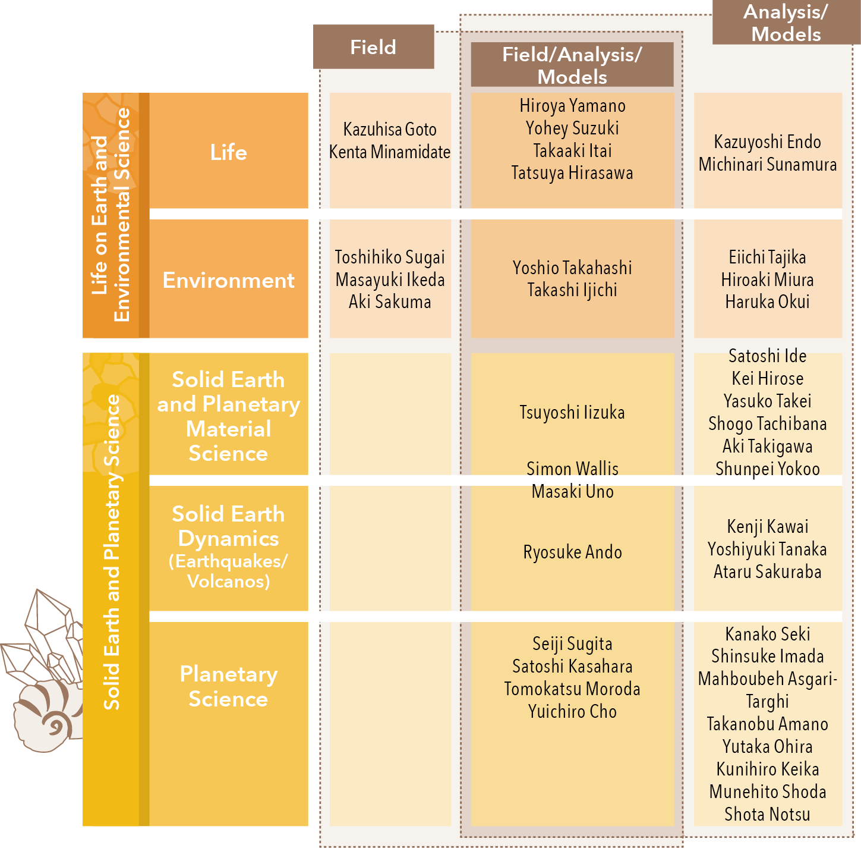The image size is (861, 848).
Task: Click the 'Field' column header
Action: pos(373,47)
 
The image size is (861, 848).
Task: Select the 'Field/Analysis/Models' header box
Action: pos(572,65)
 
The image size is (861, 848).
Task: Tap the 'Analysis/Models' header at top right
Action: pos(786,23)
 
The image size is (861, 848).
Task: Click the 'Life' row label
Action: pos(229,152)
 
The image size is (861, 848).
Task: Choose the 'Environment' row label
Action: pos(229,280)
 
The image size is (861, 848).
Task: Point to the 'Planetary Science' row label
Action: pos(229,686)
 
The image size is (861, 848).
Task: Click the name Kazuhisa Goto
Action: pos(390,130)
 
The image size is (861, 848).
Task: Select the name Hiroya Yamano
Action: pos(572,106)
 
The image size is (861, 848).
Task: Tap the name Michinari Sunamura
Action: pos(767,165)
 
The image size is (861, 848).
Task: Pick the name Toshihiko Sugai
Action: pos(390,257)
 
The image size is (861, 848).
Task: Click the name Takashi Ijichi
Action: pos(572,290)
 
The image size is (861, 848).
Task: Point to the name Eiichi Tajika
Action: pos(767,257)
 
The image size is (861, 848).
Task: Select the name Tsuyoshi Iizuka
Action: pos(572,413)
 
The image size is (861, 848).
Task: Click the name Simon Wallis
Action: pos(572,469)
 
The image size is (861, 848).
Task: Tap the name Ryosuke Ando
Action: pos(572,552)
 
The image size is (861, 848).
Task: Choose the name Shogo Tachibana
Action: pos(767,424)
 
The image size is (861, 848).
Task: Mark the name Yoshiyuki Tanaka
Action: pos(767,549)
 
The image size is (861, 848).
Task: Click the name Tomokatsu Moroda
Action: pos(572,689)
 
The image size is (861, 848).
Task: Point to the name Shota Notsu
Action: pos(767,815)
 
